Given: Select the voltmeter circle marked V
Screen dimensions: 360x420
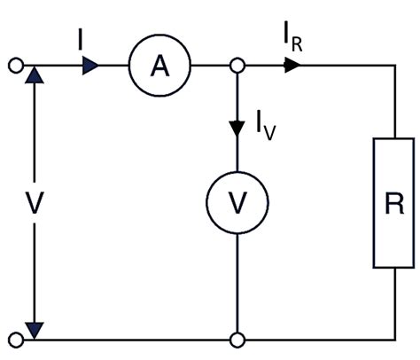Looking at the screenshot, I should [237, 203].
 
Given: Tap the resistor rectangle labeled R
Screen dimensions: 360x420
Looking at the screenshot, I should [394, 203].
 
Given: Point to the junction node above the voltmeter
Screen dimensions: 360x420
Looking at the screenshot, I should [237, 67].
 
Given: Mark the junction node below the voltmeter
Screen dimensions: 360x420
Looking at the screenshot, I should [237, 339].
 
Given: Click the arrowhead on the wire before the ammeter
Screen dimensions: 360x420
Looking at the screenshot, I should [90, 67].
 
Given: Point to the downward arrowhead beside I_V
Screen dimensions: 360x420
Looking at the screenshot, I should [237, 127].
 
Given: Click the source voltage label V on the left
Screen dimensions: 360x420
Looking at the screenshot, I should [34, 203].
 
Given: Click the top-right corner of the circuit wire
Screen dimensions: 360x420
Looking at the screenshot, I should [394, 67].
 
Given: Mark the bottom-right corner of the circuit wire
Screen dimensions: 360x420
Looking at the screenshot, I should [394, 339].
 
